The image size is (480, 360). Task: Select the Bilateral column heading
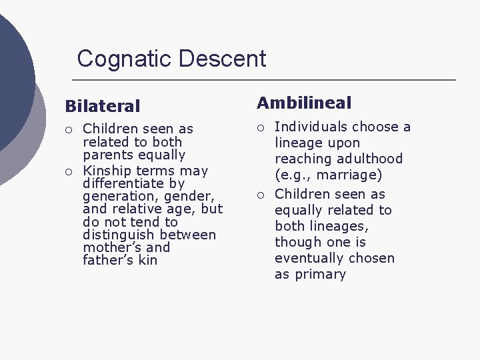coord(103,106)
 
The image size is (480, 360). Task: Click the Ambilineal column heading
coord(304,103)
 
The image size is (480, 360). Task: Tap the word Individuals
coord(311,127)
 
